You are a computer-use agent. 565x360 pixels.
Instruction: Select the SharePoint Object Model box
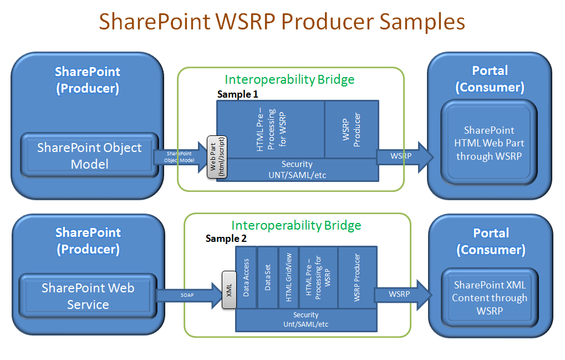click(x=89, y=156)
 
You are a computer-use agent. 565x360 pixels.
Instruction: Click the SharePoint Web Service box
click(x=88, y=296)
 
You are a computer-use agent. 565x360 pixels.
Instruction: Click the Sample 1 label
click(x=237, y=94)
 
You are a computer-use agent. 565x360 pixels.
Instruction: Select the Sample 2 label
click(x=226, y=239)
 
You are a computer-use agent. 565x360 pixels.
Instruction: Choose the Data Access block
click(x=247, y=277)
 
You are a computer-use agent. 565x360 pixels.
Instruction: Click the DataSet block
click(x=268, y=277)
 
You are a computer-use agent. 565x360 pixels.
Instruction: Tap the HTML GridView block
click(x=288, y=277)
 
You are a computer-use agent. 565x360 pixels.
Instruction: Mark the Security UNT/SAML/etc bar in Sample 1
click(x=297, y=170)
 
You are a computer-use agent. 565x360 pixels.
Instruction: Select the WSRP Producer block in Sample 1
click(x=351, y=129)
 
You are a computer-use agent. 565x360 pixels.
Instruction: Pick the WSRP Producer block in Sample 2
click(x=357, y=277)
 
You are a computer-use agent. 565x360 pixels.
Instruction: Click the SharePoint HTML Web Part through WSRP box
click(x=489, y=143)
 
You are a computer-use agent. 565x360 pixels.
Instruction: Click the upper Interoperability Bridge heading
click(x=289, y=79)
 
